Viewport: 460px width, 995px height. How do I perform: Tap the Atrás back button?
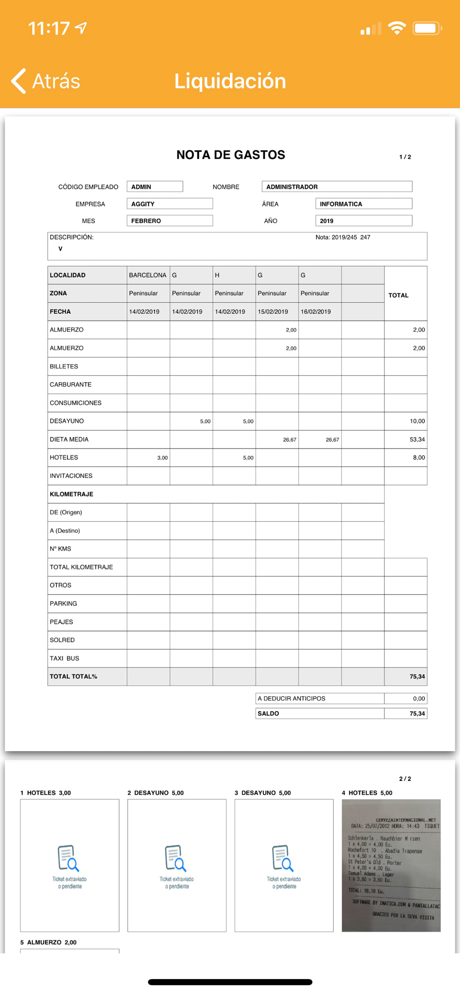[46, 81]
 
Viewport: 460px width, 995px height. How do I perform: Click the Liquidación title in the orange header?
[230, 81]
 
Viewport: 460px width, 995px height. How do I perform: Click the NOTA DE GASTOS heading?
[230, 155]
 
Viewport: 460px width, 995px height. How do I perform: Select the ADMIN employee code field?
[154, 187]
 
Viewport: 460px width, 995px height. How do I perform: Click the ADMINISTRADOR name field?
[336, 187]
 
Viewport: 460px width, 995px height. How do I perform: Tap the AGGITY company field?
[169, 204]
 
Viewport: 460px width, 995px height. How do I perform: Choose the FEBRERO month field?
[169, 221]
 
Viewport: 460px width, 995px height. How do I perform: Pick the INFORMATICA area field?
[363, 204]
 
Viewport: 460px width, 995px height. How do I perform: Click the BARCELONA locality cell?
[148, 275]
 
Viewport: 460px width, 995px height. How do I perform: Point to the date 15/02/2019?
[273, 312]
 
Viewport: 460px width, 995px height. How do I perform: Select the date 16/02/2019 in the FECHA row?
[316, 312]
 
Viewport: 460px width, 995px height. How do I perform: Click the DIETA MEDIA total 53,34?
[417, 439]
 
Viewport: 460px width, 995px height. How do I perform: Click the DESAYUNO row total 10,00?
[417, 421]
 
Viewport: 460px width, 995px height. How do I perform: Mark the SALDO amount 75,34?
[417, 713]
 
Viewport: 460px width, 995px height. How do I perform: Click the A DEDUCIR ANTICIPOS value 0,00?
[419, 698]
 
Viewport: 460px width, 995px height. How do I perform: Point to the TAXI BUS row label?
[64, 658]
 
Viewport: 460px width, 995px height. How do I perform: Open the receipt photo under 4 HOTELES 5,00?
[391, 865]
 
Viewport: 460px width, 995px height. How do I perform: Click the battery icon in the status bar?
[427, 28]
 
